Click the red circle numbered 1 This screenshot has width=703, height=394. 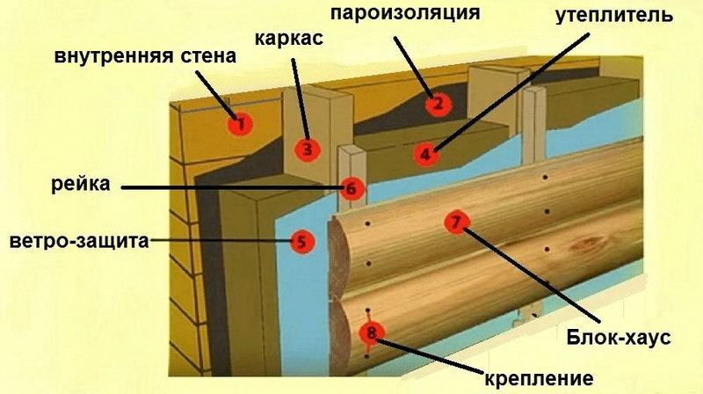click(240, 121)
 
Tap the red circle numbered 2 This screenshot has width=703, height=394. click(438, 104)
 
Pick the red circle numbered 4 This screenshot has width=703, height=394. click(425, 155)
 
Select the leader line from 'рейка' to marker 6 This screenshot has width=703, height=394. click(228, 187)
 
